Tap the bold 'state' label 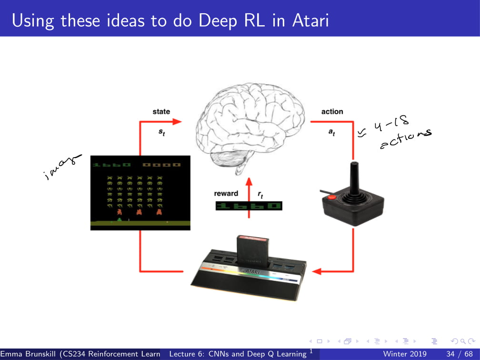(161, 111)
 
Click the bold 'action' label (332, 111)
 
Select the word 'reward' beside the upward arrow (226, 193)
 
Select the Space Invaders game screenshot (140, 192)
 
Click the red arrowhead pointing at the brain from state (177, 121)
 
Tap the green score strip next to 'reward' (248, 206)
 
